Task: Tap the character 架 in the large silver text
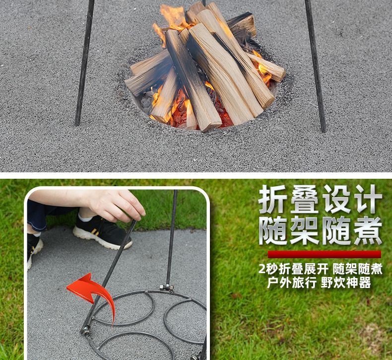[304, 231]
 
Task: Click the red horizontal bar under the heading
[324, 254]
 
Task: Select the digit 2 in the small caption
[262, 269]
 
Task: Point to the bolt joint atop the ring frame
[167, 288]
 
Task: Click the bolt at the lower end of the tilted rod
[86, 331]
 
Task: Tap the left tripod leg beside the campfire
[85, 63]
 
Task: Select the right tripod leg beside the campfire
[316, 67]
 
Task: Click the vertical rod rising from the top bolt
[172, 238]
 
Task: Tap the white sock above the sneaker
[85, 218]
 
